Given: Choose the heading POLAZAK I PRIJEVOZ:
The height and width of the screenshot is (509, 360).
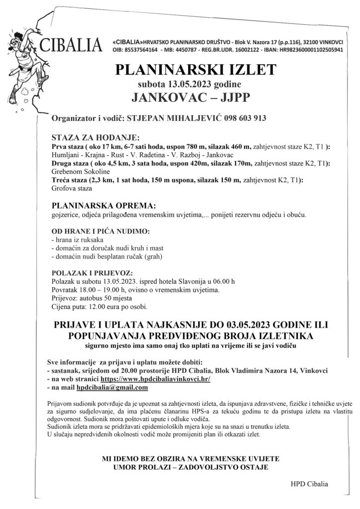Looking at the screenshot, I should (x=91, y=273).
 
